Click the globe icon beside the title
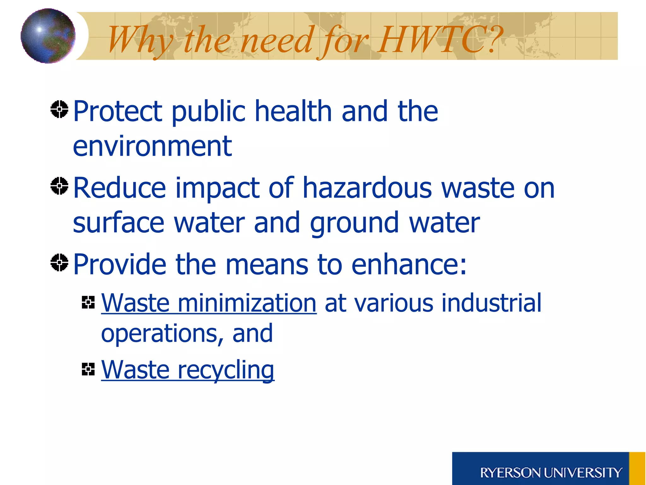point(48,36)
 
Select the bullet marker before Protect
point(59,109)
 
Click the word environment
point(152,146)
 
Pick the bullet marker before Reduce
point(59,186)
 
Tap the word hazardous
point(367,188)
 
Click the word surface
point(119,223)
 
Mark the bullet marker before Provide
point(59,262)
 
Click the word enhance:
point(409,264)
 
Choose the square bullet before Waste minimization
point(88,302)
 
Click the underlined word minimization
point(247,303)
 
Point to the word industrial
point(491,303)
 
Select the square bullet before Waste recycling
point(88,369)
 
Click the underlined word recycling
point(226,370)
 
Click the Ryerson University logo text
point(551,473)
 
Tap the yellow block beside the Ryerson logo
point(637,468)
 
